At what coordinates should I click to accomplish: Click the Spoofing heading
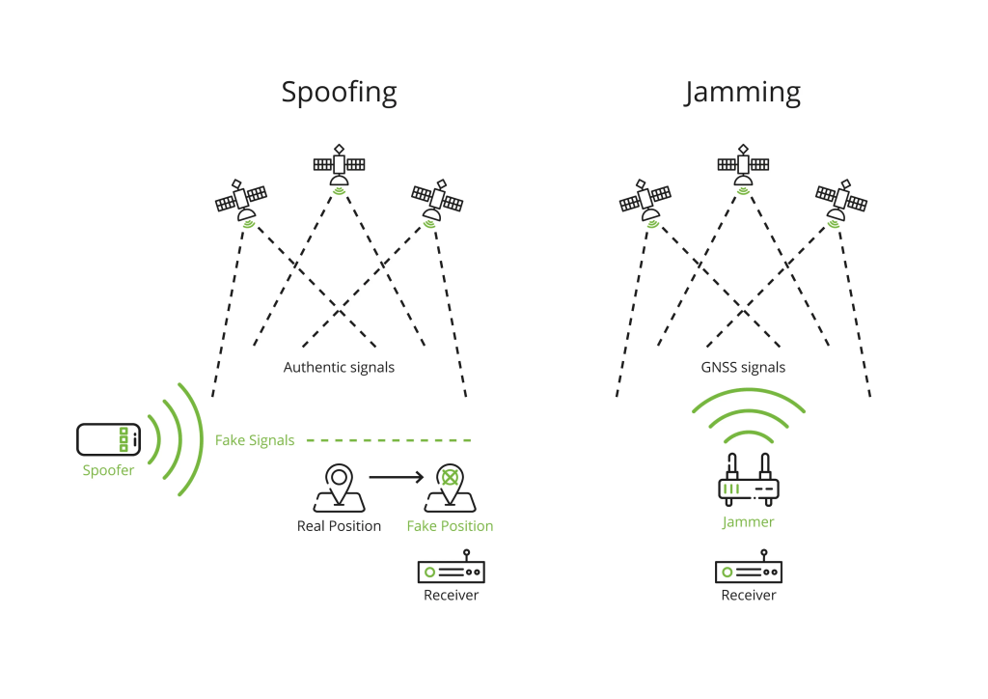pos(339,92)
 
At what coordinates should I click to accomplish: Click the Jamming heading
pos(743,92)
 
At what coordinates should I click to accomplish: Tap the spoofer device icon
pos(108,439)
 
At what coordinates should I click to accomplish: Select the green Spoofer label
pos(108,471)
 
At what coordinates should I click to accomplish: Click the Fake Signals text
pos(255,440)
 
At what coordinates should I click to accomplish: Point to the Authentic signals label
pos(339,368)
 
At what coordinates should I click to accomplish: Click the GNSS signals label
pos(743,368)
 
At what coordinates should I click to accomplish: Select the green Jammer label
pos(749,522)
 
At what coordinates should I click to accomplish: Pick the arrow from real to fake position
pos(397,476)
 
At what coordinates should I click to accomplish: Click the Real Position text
pos(339,526)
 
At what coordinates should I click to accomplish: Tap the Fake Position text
pos(450,526)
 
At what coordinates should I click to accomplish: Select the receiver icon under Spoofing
pos(452,570)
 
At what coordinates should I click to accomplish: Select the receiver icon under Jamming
pos(749,570)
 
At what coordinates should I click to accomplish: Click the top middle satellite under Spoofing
pos(339,167)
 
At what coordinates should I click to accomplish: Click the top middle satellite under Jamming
pos(743,167)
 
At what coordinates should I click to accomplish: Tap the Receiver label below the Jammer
pos(749,596)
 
